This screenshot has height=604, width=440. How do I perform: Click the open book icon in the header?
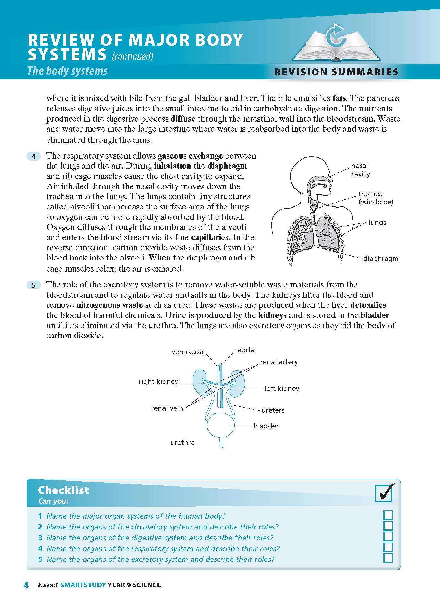[336, 45]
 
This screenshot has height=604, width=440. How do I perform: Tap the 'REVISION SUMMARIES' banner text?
[336, 72]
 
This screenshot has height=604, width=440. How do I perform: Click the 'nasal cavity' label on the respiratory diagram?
[361, 170]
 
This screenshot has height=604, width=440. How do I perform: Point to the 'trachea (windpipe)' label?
[376, 198]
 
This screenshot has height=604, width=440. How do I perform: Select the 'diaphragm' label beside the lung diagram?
[381, 258]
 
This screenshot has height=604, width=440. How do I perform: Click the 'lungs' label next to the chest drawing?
[377, 222]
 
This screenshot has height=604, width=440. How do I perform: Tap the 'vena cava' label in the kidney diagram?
[187, 352]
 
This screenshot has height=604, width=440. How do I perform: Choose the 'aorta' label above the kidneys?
[246, 350]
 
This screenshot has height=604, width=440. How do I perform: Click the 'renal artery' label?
[279, 362]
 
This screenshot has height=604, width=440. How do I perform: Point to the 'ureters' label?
[273, 410]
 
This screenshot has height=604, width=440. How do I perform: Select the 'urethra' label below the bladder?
[182, 442]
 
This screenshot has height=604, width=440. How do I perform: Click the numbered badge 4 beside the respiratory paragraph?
[34, 156]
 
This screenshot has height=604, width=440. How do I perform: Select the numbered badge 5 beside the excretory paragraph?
[34, 285]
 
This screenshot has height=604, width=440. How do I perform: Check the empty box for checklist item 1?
[388, 515]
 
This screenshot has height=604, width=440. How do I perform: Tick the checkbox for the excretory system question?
[388, 558]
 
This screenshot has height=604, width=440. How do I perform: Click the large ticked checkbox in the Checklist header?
[384, 493]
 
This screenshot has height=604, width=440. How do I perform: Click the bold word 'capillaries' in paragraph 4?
[210, 237]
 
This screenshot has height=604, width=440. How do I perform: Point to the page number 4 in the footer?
[26, 585]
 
